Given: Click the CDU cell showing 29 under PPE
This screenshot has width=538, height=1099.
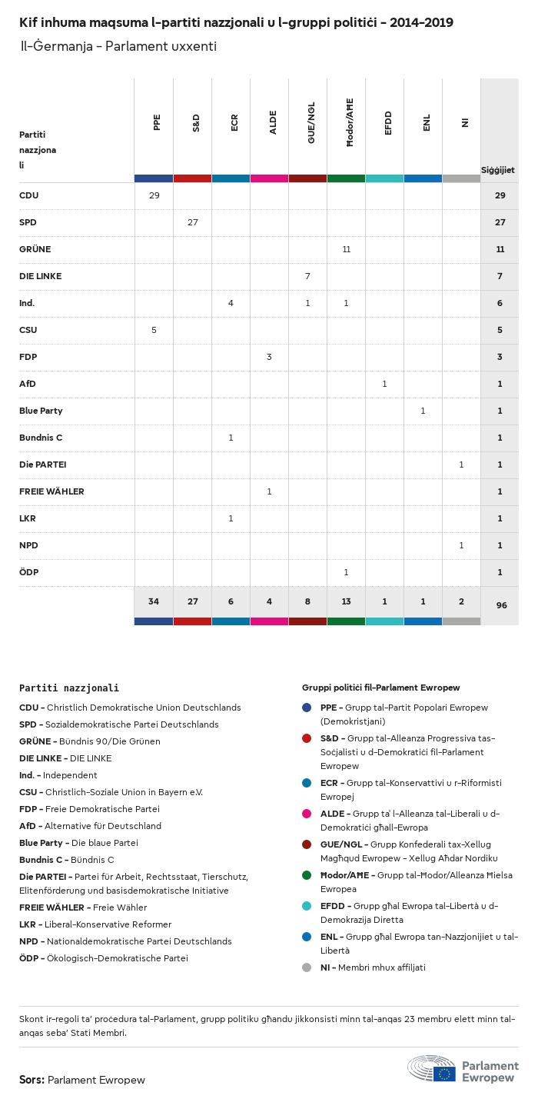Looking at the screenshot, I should click(154, 195).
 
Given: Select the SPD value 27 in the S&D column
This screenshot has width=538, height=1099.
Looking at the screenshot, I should click(192, 222).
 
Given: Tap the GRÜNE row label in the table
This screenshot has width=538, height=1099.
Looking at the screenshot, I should click(35, 249).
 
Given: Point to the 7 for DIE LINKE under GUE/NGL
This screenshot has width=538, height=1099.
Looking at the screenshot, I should click(307, 276).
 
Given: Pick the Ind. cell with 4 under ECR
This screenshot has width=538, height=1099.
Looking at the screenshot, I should click(231, 303).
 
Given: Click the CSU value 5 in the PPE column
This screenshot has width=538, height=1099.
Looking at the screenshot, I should click(154, 330).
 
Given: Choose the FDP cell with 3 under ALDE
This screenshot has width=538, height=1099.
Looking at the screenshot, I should click(269, 357).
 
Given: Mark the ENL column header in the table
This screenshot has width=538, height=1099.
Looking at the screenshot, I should click(427, 123).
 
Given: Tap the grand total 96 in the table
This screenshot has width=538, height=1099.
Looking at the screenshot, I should click(501, 605).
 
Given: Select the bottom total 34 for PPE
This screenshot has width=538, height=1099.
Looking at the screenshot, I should click(154, 601).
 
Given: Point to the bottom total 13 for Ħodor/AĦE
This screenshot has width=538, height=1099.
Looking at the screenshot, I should click(346, 601).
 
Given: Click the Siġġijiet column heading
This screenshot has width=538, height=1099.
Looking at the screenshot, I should click(498, 169).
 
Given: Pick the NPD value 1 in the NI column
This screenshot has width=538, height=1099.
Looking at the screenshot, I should click(461, 545).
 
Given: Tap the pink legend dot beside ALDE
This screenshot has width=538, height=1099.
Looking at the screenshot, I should click(307, 813).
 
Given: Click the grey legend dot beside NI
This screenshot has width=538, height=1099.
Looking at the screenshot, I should click(307, 967).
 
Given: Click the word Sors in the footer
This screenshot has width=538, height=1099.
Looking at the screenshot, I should click(32, 1080).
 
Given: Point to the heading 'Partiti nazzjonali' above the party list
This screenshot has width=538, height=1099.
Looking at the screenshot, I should click(69, 688).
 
